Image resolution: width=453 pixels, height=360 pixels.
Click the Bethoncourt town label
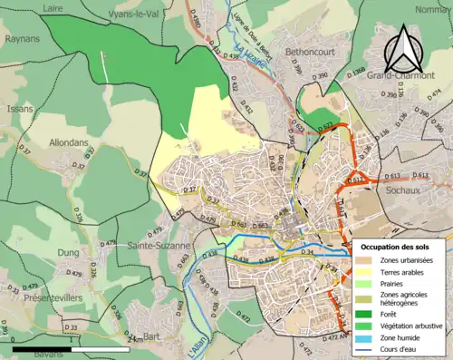pyautogui.click(x=310, y=54)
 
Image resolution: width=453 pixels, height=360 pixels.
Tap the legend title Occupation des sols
pyautogui.click(x=400, y=247)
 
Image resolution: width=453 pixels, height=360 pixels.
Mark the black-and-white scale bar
pyautogui.click(x=73, y=348)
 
